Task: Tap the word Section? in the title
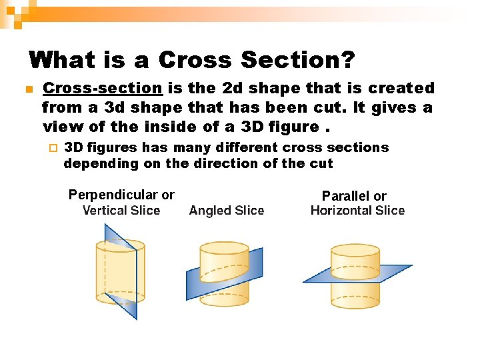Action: click(x=297, y=60)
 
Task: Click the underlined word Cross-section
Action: click(x=102, y=88)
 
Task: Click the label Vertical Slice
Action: click(x=121, y=211)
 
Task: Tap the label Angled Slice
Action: click(x=227, y=211)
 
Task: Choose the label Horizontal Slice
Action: click(x=357, y=211)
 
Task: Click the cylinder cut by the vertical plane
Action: click(x=121, y=271)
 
